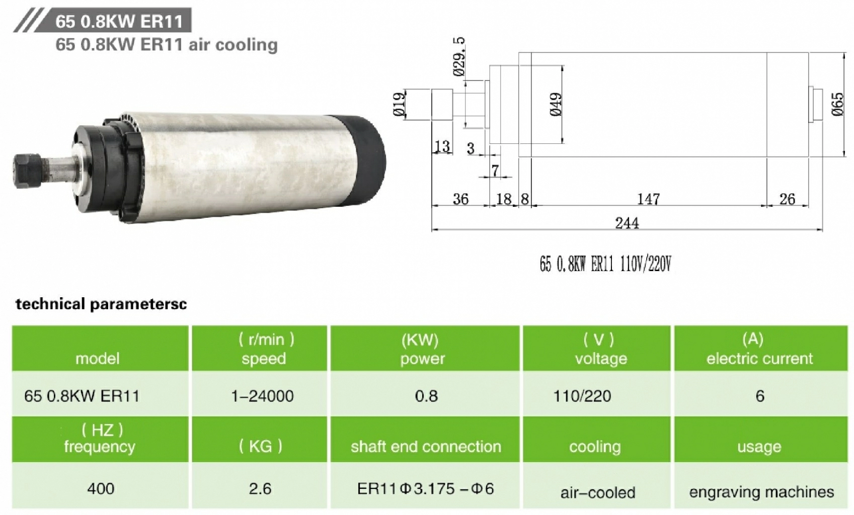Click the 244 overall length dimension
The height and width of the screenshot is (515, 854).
[x=627, y=223]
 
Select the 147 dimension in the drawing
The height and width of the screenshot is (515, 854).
[x=648, y=199]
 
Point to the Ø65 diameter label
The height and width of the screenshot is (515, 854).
[x=837, y=104]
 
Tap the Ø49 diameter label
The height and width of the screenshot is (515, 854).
[x=556, y=105]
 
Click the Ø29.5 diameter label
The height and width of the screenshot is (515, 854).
[x=459, y=57]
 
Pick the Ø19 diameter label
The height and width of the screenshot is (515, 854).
[x=399, y=105]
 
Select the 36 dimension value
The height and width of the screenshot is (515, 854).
[x=460, y=199]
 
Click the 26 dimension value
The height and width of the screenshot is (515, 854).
[x=787, y=199]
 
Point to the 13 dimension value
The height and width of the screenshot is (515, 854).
[x=442, y=146]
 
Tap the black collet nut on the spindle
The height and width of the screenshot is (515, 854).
[x=24, y=171]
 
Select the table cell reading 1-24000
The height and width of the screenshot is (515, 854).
[x=262, y=396]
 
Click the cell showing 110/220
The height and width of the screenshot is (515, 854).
[x=582, y=396]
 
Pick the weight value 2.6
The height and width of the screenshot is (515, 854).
[x=260, y=488]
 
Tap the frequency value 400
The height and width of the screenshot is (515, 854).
[x=101, y=488]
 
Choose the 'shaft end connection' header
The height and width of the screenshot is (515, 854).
[x=426, y=446]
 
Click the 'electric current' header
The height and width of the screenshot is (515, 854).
[x=759, y=358]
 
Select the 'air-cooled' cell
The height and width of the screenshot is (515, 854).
[x=598, y=492]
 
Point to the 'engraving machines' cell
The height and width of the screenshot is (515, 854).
[x=761, y=491]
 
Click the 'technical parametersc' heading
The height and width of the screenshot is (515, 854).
[x=101, y=304]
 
